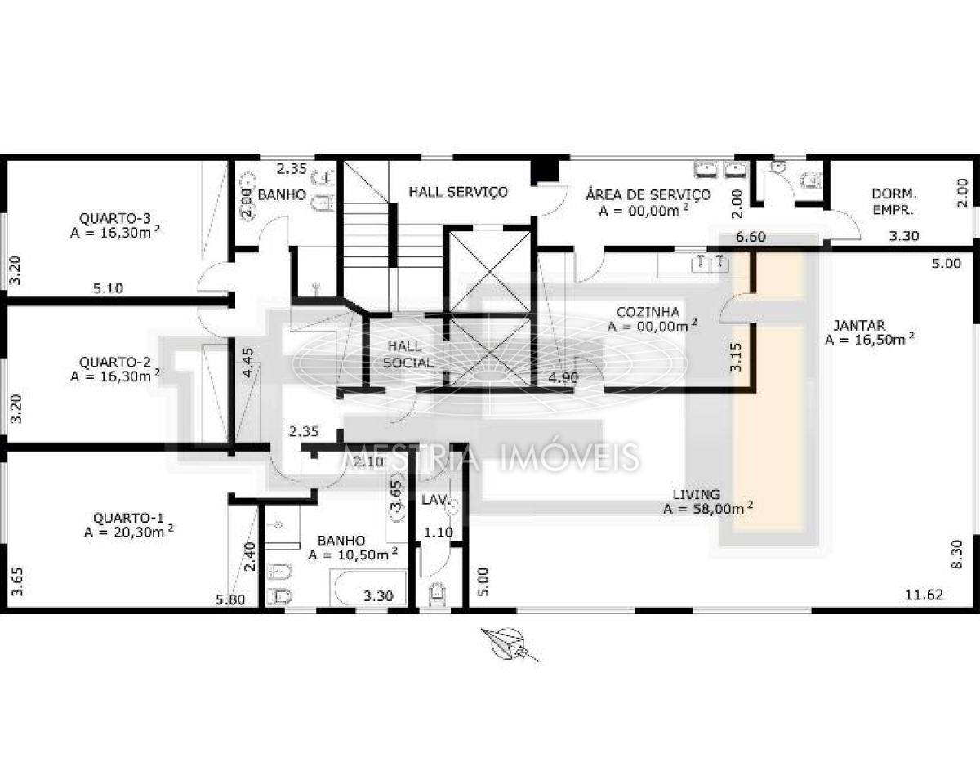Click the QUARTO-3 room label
115,218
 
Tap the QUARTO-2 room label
115,363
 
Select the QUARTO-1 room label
128,518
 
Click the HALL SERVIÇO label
458,192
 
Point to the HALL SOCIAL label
408,355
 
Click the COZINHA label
648,312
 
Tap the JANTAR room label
859,325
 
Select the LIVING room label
697,494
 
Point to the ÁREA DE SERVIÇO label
648,195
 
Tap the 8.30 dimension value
957,555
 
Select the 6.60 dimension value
751,237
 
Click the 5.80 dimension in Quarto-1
230,599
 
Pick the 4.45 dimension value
248,363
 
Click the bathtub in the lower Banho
368,589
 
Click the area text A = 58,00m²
708,509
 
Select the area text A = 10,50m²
353,555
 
